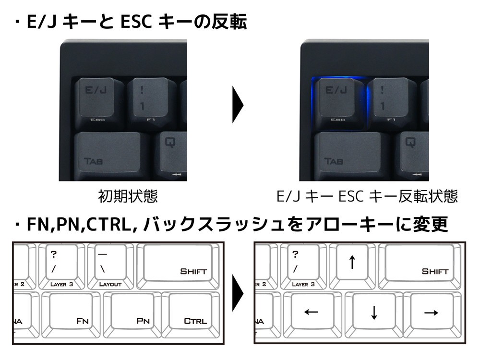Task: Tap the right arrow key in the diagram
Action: click(x=431, y=312)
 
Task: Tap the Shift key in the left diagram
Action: click(x=178, y=263)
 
